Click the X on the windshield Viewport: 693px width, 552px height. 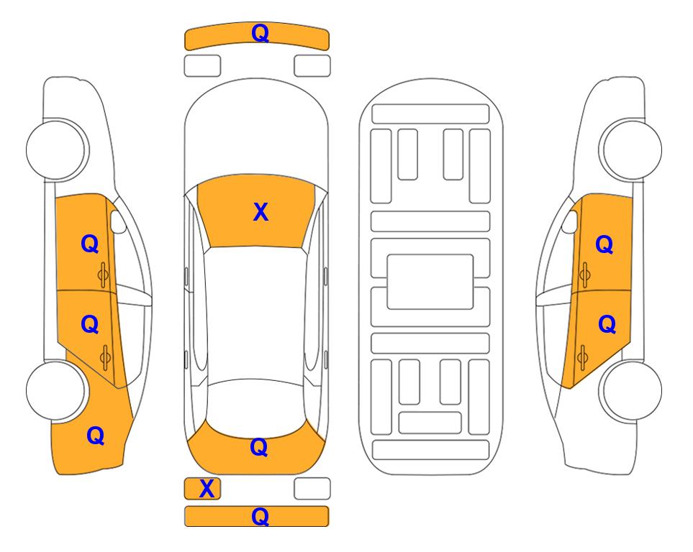tap(261, 212)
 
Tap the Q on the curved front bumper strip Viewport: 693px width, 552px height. tap(260, 33)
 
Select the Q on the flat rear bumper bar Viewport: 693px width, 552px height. tap(260, 516)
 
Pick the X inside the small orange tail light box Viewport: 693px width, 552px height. tap(207, 489)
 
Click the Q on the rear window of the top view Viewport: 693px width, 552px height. tap(258, 447)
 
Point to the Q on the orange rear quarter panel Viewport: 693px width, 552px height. tap(95, 436)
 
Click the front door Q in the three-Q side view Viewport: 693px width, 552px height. tap(90, 244)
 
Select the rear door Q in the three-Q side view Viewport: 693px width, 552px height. tap(90, 325)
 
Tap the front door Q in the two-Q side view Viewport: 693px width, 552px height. tap(604, 244)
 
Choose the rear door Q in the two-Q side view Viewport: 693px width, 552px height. tap(607, 325)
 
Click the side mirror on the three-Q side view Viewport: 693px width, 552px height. tap(118, 221)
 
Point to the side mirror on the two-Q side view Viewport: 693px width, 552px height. tap(570, 221)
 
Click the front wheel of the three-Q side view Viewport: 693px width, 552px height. tap(57, 149)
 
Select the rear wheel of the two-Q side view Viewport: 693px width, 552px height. tap(631, 390)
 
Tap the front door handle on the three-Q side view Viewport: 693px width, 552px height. tap(103, 275)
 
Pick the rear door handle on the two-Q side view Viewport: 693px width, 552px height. tap(582, 358)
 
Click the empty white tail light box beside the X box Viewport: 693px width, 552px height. tap(312, 489)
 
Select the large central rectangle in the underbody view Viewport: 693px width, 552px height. tap(430, 282)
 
